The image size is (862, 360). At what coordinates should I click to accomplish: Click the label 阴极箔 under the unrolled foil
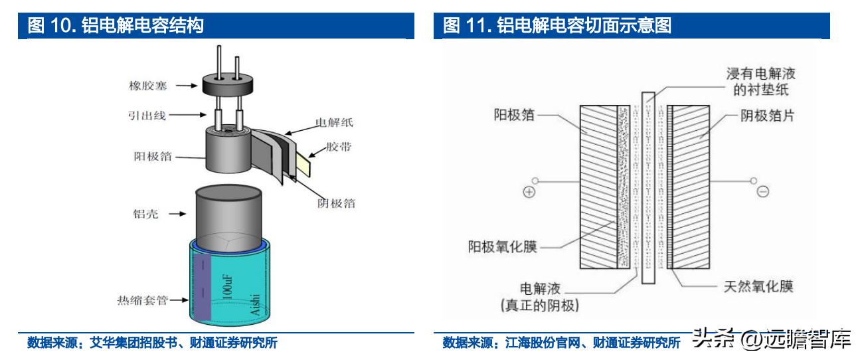(335, 203)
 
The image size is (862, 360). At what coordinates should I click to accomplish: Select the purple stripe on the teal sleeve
(201, 286)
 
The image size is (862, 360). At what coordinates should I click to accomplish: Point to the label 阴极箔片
(767, 116)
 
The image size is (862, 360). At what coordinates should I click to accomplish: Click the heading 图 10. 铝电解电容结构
(115, 27)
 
